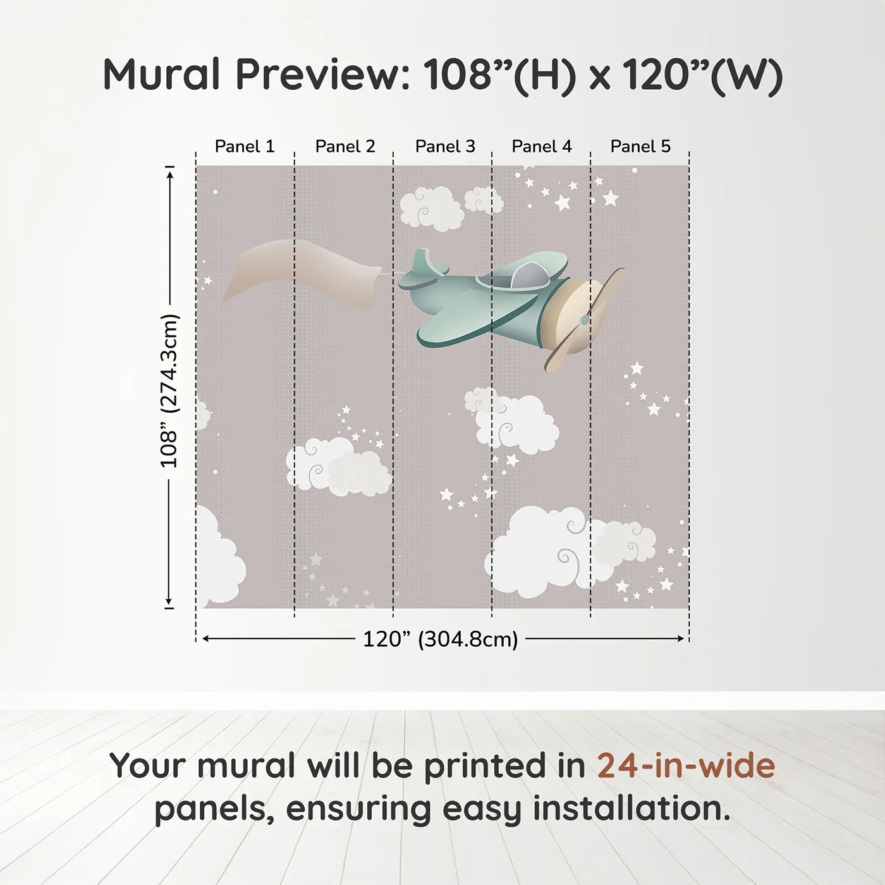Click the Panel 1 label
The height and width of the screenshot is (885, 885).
coord(245,147)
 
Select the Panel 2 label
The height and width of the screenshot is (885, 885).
coord(345,147)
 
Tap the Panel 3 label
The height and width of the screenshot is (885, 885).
coord(445,147)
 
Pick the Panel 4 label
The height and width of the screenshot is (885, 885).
coord(542,147)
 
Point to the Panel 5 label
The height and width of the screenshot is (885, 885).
coord(640,147)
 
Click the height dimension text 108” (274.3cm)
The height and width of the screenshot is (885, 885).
coord(169,391)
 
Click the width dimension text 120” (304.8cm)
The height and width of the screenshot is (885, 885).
coord(441,639)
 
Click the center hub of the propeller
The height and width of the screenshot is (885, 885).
coord(585,319)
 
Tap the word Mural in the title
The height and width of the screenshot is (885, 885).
coord(162,75)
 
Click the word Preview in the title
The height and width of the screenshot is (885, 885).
coord(322,75)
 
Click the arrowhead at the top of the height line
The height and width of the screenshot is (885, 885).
coord(170,175)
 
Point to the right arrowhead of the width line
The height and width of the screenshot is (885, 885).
coord(681,638)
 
